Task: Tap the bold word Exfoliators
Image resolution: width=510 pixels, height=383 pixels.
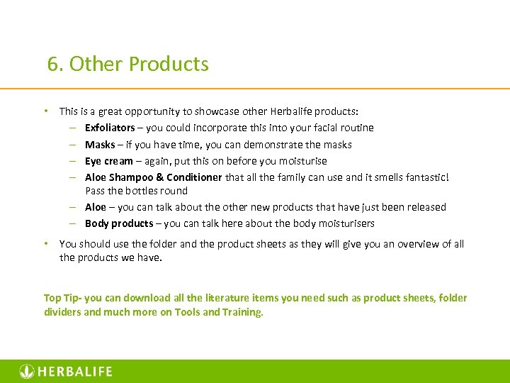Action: click(110, 128)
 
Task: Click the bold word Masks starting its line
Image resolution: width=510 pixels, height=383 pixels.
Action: click(100, 145)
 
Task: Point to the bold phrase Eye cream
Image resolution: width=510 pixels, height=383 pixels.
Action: click(108, 161)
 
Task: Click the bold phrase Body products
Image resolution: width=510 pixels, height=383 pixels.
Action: click(118, 223)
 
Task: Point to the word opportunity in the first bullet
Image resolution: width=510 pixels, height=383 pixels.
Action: click(159, 111)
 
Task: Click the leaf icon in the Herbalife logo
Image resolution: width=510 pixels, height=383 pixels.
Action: click(26, 371)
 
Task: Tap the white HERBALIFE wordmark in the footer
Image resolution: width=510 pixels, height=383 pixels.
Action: click(74, 372)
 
